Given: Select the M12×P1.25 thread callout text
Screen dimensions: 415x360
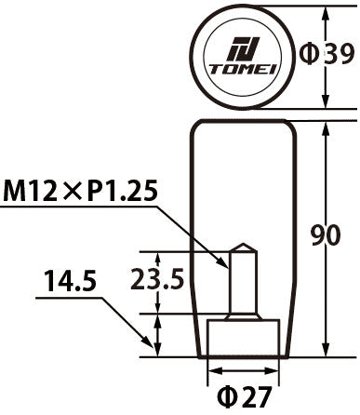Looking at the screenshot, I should [81, 193].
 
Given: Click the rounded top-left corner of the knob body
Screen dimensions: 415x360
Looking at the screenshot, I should [197, 126].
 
